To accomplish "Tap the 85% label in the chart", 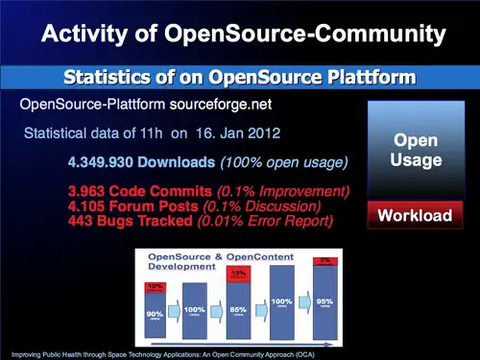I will pos(240,310).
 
